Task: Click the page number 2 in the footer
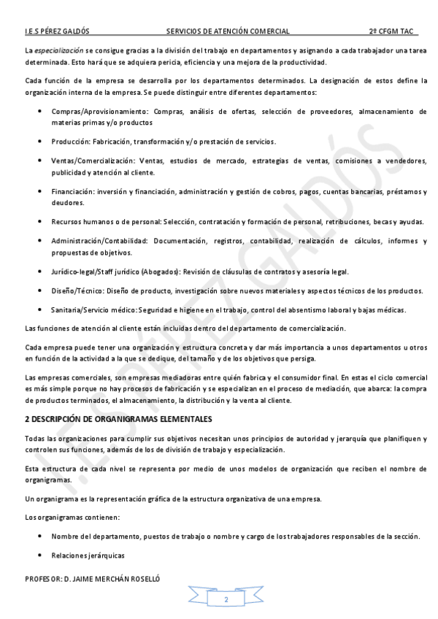[x=226, y=599]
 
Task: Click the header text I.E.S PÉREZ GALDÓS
[x=58, y=32]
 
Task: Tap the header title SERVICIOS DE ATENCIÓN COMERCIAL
[x=228, y=32]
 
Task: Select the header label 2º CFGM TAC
[x=391, y=32]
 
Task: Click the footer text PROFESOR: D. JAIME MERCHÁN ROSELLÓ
[x=92, y=578]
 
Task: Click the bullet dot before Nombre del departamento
[x=39, y=537]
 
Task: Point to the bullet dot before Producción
[x=39, y=141]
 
